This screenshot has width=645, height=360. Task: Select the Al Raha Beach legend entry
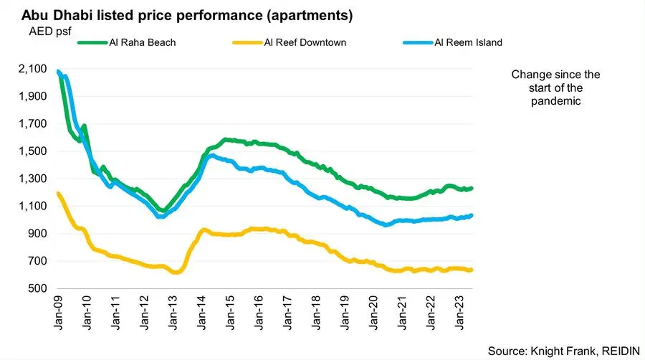tap(143, 42)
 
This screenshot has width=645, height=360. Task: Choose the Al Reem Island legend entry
tap(469, 42)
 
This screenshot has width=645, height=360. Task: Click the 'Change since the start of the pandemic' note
tap(556, 88)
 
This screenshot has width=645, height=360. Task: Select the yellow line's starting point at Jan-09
tap(57, 193)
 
